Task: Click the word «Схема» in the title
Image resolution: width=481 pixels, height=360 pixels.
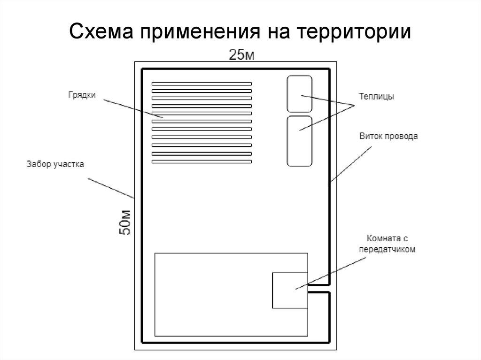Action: [x=100, y=32]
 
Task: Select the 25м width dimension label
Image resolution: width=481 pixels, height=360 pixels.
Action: [x=241, y=55]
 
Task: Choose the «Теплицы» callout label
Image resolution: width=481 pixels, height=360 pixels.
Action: [x=376, y=97]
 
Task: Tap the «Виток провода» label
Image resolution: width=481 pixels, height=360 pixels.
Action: [x=388, y=137]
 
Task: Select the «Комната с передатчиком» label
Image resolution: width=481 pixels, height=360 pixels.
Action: [x=388, y=244]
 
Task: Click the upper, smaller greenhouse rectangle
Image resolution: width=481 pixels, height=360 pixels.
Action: [x=299, y=93]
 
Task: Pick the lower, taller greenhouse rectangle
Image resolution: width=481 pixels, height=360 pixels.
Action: [x=299, y=140]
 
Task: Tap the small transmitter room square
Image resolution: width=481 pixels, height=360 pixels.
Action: [x=290, y=291]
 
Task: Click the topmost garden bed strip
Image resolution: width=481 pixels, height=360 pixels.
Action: [x=202, y=84]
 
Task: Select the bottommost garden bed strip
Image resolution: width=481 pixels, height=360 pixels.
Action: [x=202, y=162]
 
